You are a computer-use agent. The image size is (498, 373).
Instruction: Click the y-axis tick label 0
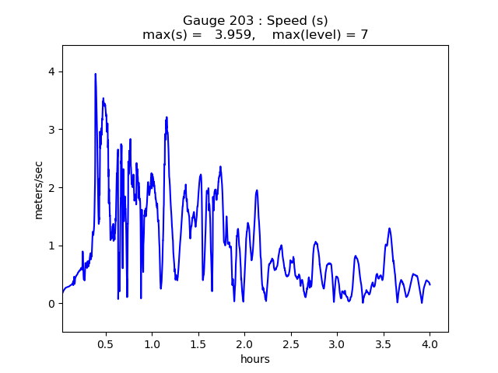[51, 304]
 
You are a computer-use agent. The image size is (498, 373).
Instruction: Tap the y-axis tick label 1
[51, 246]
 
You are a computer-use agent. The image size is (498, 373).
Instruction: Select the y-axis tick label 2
[51, 187]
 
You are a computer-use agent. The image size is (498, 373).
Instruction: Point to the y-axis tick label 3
[51, 130]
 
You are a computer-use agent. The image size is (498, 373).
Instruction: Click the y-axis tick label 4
[51, 71]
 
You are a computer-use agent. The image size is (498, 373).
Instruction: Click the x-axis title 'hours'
[255, 359]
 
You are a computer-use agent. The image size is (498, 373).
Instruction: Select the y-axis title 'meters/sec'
[38, 187]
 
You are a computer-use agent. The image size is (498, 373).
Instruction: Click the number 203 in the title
[237, 21]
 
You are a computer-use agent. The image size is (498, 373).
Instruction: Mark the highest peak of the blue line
[96, 74]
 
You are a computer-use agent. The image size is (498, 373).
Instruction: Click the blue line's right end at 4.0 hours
[430, 284]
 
